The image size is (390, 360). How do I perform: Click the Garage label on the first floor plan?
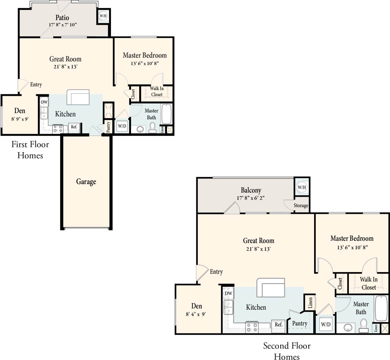point(86,182)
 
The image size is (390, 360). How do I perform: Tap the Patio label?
point(62,18)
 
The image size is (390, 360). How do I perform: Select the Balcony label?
point(251,190)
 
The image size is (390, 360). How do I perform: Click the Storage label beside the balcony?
point(301,205)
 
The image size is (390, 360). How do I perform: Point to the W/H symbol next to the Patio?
point(103,16)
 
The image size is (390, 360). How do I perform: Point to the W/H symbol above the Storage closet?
point(302,187)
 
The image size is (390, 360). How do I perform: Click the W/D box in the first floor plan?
point(122,126)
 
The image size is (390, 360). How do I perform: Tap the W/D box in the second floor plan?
point(325,324)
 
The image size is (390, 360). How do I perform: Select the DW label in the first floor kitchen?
point(44,102)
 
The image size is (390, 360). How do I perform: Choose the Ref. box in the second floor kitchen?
point(278,324)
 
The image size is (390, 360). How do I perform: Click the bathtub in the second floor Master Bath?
point(381,308)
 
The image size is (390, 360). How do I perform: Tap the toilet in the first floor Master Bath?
point(152,128)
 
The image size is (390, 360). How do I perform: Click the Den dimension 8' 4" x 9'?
point(196,314)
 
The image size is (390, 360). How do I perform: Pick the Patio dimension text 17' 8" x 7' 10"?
point(62,25)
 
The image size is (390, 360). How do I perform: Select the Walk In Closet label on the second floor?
point(369,283)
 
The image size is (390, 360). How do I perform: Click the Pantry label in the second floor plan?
point(300,323)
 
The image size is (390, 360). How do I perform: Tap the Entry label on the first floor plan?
point(36,85)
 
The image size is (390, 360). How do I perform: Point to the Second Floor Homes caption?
point(287,351)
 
